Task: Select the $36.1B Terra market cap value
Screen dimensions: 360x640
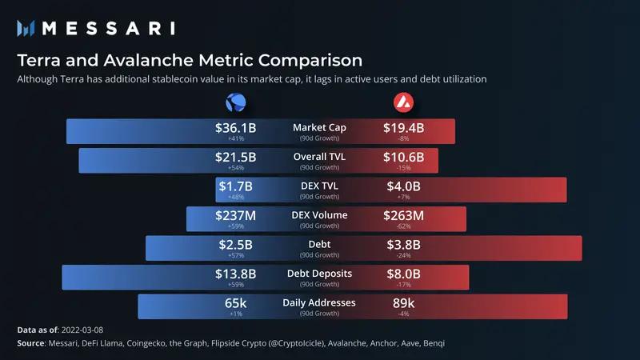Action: click(235, 127)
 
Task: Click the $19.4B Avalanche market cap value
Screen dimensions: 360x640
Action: click(405, 127)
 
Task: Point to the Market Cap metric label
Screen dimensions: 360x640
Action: click(319, 127)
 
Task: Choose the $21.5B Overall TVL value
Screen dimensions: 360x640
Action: click(235, 157)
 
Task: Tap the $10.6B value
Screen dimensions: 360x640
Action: click(405, 157)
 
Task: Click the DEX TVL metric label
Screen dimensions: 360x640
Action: click(319, 186)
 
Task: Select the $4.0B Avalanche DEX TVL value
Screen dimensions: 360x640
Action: click(403, 186)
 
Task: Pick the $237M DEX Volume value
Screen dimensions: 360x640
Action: click(235, 215)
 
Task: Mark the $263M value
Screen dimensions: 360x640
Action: click(405, 215)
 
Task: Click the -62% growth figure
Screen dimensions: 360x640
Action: click(405, 226)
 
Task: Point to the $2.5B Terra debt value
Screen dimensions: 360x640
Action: click(235, 244)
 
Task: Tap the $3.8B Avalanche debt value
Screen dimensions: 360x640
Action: click(403, 244)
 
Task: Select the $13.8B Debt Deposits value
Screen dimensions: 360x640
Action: click(235, 274)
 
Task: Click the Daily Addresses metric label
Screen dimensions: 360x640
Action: click(319, 302)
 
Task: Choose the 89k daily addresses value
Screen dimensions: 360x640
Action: click(403, 303)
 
